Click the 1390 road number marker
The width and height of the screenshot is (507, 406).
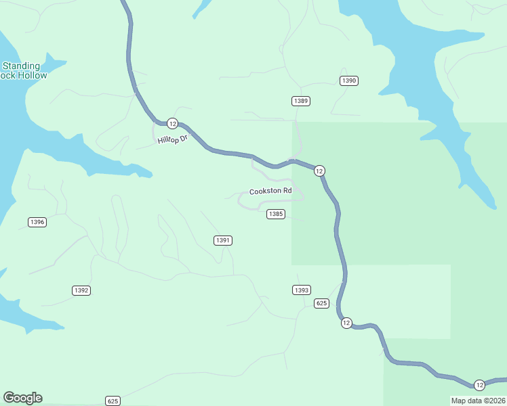(x=349, y=81)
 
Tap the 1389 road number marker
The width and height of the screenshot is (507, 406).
(x=302, y=101)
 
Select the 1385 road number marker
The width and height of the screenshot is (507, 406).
(x=275, y=214)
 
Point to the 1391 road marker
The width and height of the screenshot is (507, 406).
(x=223, y=240)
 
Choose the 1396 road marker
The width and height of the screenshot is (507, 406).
(x=37, y=222)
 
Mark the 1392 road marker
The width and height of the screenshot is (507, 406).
(x=81, y=290)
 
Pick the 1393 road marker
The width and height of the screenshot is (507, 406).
(x=302, y=290)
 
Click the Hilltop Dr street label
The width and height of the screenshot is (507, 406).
(x=172, y=139)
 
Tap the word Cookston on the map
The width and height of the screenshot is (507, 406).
(x=264, y=191)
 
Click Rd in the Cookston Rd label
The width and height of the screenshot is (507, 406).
(x=287, y=191)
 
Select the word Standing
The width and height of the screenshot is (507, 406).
(x=22, y=66)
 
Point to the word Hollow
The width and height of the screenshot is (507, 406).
(x=33, y=76)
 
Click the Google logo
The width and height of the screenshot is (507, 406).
(x=22, y=398)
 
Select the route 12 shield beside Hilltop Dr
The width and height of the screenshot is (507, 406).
(x=172, y=123)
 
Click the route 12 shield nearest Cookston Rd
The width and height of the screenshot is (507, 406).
(x=319, y=171)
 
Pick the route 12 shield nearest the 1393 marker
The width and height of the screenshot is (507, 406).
(x=346, y=323)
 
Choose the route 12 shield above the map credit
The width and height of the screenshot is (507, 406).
(x=479, y=385)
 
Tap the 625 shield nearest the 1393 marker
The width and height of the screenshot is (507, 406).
(x=322, y=303)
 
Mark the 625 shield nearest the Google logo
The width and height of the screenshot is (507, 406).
(x=113, y=401)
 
